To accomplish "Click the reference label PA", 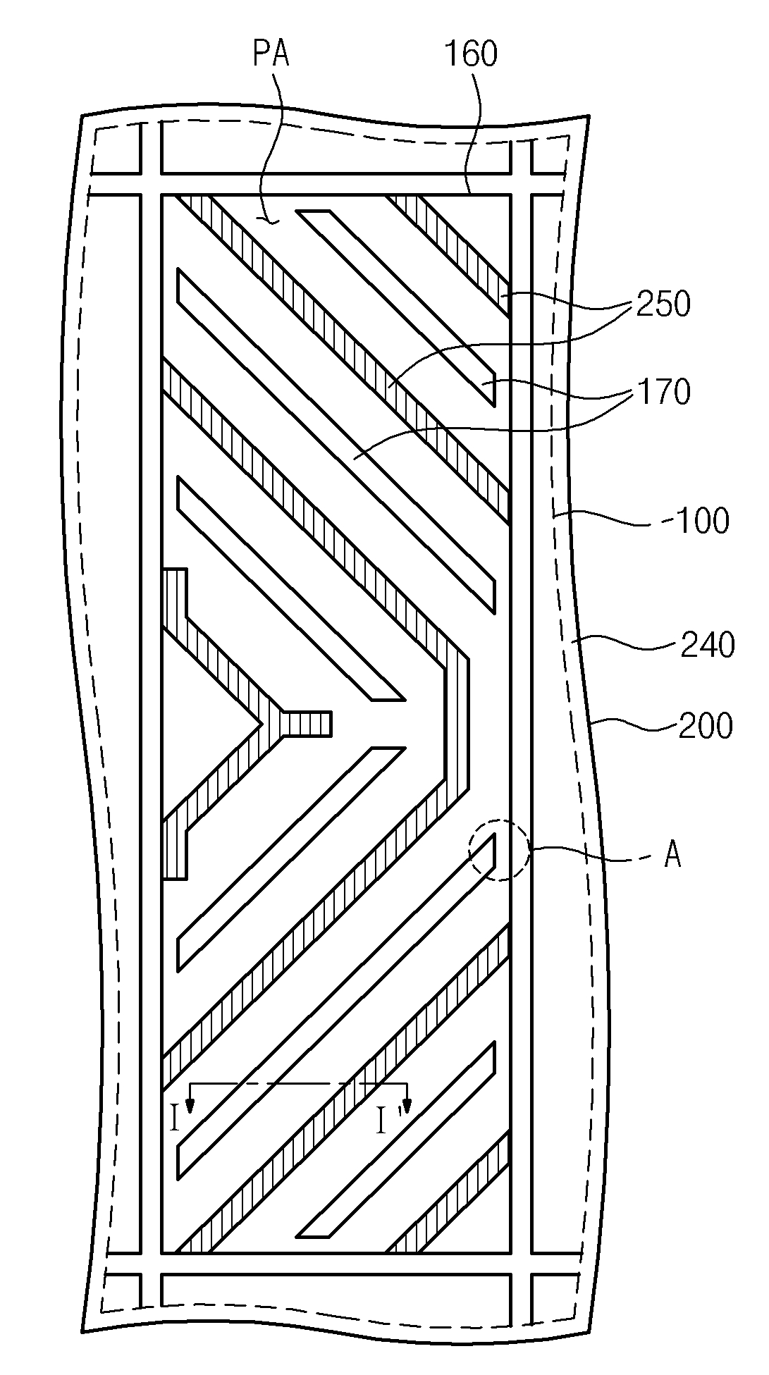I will (271, 54).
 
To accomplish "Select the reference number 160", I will (470, 54).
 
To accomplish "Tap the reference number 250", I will (663, 304).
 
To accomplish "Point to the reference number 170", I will (663, 392).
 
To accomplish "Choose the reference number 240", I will (707, 645).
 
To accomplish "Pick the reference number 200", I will (706, 726).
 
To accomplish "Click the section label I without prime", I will (176, 1118).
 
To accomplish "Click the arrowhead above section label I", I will (189, 1104).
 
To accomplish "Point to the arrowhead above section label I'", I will (407, 1104).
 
